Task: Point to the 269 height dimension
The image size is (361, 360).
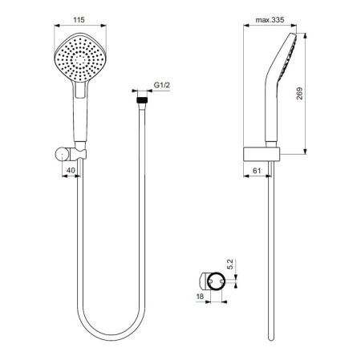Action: point(321,92)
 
